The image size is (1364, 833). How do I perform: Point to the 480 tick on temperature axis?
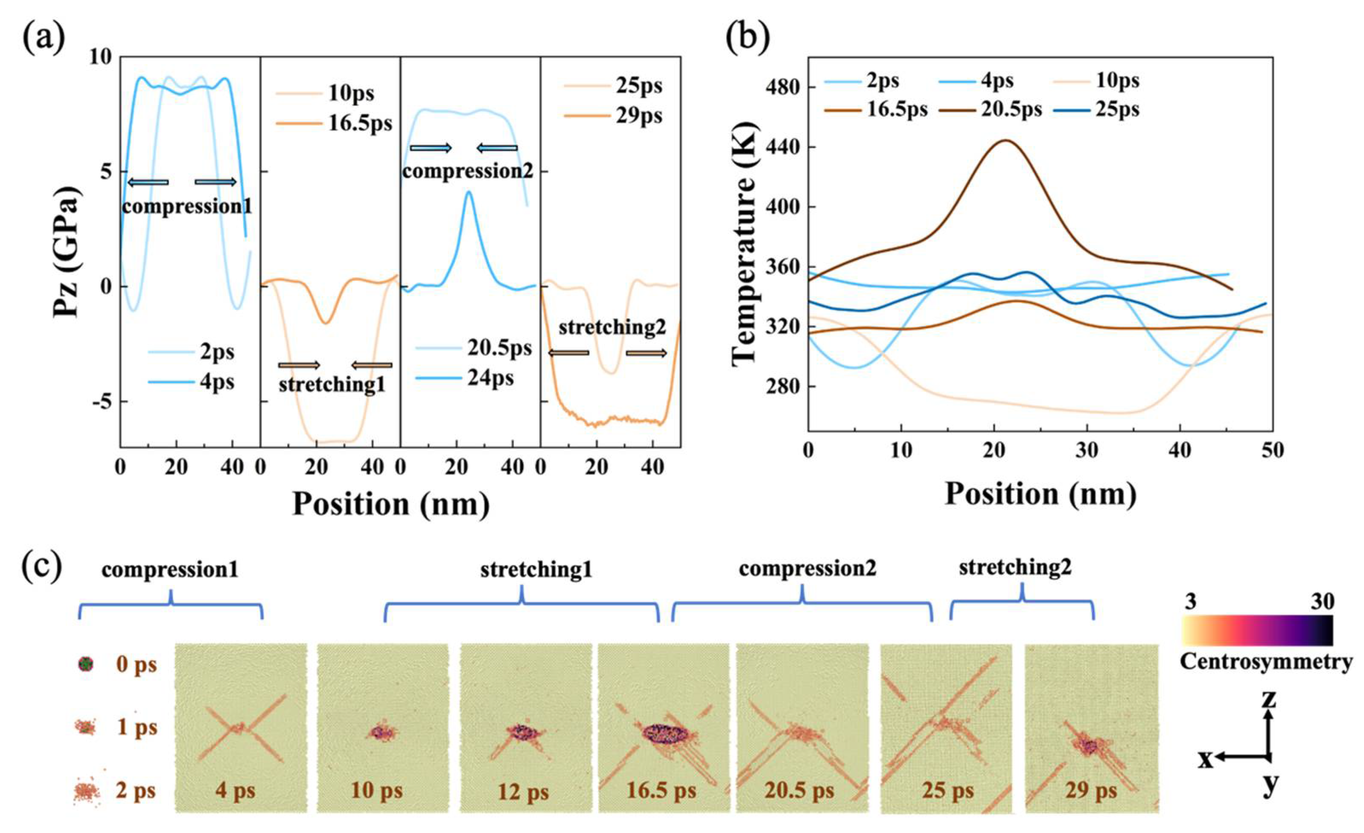click(x=781, y=88)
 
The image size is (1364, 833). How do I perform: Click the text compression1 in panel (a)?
click(x=187, y=207)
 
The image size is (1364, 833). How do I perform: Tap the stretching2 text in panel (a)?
click(x=612, y=327)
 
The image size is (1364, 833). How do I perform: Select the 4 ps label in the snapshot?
click(x=236, y=791)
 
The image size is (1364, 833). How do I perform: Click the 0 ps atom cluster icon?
click(x=86, y=663)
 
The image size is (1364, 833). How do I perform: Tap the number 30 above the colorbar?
click(x=1322, y=602)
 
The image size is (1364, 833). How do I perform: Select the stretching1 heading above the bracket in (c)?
click(x=536, y=570)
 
